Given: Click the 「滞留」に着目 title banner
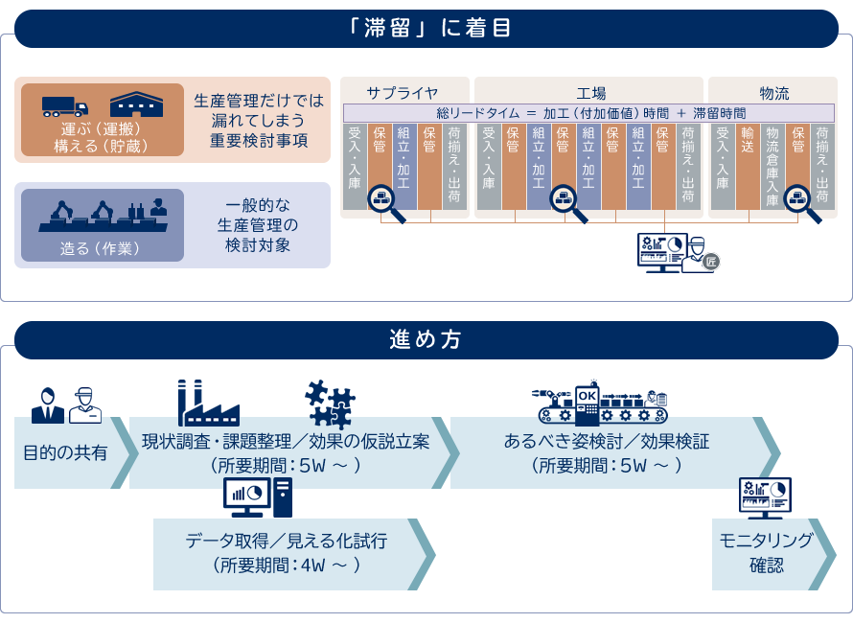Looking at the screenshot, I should coord(426,28).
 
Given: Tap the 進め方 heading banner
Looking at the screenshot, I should coord(426,338).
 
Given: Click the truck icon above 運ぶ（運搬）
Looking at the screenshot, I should coord(65,105).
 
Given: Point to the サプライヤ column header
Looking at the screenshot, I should coord(403,93).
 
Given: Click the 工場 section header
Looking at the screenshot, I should coord(590,93).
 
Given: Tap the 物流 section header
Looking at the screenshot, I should coord(773,93).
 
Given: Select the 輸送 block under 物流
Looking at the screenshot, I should coord(748,166).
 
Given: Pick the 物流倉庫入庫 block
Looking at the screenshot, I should coord(772,166).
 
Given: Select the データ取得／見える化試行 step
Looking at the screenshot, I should coord(288,553).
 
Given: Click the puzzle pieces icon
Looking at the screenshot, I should coord(330,404).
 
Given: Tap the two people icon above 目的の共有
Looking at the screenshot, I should coord(66,405).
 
